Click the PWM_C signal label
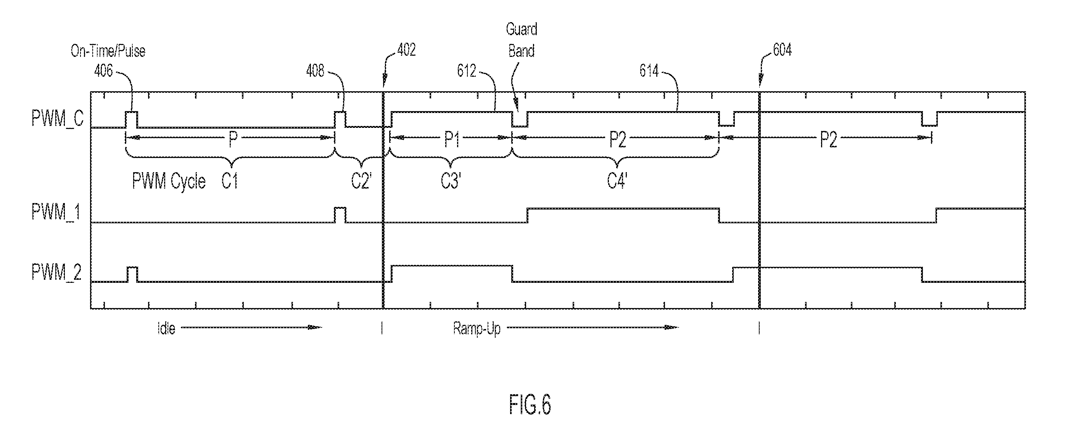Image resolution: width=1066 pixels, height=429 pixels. [58, 118]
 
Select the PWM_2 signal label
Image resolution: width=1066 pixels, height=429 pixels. [56, 273]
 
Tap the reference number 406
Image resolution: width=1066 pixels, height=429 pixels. [103, 71]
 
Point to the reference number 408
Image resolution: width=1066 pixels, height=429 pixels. [315, 71]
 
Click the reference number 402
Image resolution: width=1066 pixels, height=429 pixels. [406, 50]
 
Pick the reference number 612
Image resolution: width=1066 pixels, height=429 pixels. [466, 71]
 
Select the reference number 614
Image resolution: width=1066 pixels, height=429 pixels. [649, 71]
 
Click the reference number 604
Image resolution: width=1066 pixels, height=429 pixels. [783, 50]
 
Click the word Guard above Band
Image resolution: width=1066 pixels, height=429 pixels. [522, 29]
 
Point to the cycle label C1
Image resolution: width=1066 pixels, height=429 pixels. [230, 181]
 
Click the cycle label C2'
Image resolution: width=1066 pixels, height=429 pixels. [361, 181]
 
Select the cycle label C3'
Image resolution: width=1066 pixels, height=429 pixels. [451, 181]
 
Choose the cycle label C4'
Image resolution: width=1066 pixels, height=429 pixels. [617, 181]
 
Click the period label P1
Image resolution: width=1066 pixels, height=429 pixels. [452, 140]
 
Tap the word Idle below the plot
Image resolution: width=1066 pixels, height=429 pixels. [166, 329]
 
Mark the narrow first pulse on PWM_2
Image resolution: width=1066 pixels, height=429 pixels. [132, 274]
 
